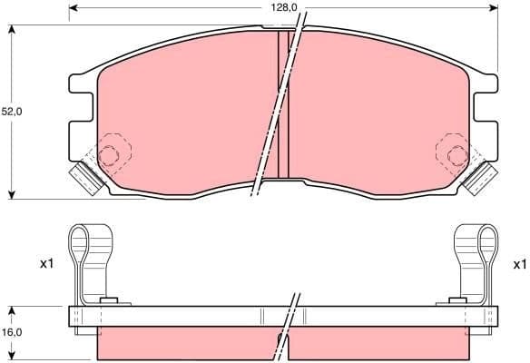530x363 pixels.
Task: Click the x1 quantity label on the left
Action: click(x=47, y=264)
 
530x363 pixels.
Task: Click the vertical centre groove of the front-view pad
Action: click(x=282, y=104)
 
